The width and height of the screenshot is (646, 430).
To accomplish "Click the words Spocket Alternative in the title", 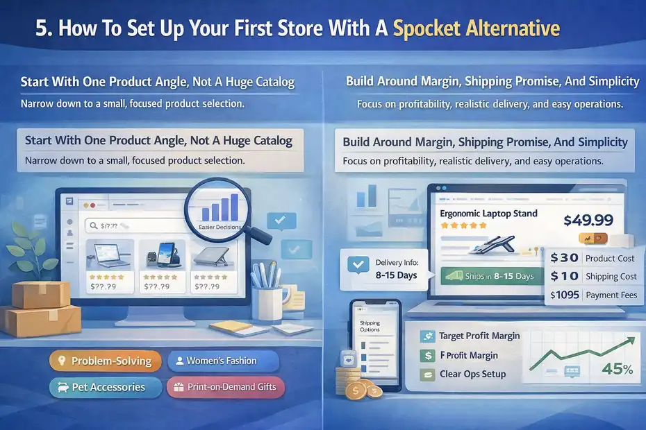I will [x=476, y=29].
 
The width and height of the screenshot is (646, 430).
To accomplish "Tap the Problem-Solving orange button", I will [x=106, y=361].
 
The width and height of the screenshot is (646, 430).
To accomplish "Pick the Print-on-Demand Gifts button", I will [x=225, y=387].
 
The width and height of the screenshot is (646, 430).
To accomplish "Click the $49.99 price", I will [x=588, y=220].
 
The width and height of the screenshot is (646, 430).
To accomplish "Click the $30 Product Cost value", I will [x=564, y=257].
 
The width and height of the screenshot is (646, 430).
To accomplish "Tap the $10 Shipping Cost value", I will [x=564, y=276].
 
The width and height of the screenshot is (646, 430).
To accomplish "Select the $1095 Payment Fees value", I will [x=565, y=295].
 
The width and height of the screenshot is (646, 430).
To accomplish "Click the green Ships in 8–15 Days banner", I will [x=492, y=276].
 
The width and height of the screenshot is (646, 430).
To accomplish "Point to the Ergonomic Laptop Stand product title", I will [x=488, y=214].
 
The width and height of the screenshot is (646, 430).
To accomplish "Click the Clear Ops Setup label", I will [x=472, y=375].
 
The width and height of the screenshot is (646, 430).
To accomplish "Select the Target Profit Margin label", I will [x=479, y=336].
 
